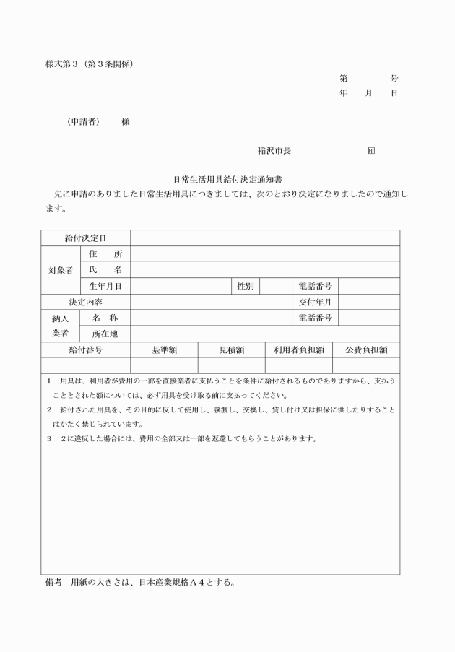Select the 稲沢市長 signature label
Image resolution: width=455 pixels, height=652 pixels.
point(274,151)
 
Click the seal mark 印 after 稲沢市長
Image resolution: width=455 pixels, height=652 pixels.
point(370,151)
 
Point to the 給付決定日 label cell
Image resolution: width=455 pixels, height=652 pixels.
point(85,238)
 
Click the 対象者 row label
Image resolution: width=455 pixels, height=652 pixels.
point(59,270)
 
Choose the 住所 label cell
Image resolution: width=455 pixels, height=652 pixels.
point(105,254)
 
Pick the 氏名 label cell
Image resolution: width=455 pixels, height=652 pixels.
point(105,270)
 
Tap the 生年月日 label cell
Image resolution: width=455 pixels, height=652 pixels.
point(105,286)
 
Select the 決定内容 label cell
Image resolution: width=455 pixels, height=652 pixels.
point(85,302)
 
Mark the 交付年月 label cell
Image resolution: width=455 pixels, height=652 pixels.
point(315,302)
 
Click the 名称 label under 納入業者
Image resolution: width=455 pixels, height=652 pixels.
point(105,318)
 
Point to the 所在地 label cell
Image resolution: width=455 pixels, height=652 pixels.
point(105,334)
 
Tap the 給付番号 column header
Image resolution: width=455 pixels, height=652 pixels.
point(85,349)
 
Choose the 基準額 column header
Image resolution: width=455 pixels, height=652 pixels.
point(164,349)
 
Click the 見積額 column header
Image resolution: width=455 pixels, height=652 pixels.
point(232,349)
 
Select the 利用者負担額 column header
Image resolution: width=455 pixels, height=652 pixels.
point(298,349)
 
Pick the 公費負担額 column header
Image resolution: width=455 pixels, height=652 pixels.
point(366,349)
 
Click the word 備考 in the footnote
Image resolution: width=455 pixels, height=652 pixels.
point(55,582)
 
